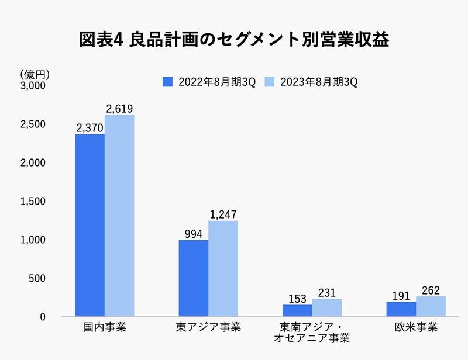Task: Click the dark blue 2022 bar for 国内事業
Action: coord(90,225)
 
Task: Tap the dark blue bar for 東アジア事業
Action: coord(193,278)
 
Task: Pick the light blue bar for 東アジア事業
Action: coord(223,268)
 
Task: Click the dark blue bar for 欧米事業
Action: coord(401,309)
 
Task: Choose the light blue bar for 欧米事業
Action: coord(431,306)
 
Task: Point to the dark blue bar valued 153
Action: coord(297,310)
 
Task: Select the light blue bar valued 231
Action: coord(327,307)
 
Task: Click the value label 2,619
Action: coord(119,109)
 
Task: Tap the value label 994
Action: coord(193,234)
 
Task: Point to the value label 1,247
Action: coord(223,214)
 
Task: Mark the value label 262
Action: coord(431,290)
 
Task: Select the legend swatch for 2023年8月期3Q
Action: coord(270,81)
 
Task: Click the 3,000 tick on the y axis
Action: coord(33,86)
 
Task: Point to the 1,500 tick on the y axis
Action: coord(33,202)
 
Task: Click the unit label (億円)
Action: coord(35,74)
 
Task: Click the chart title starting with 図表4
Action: coord(234,39)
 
